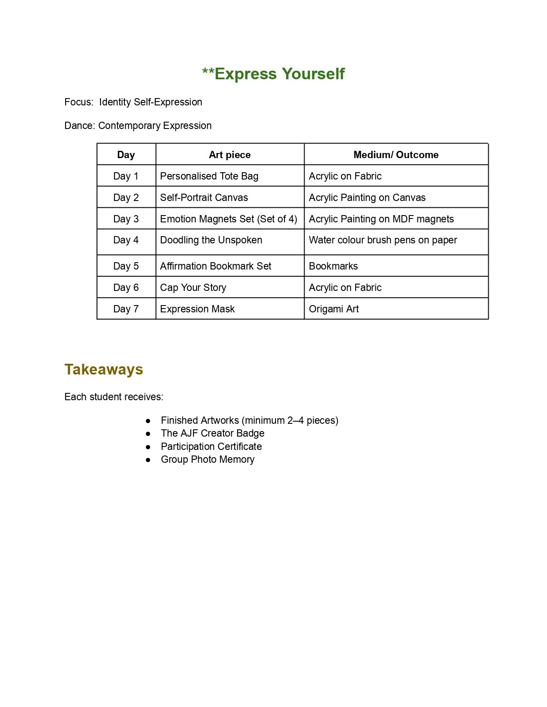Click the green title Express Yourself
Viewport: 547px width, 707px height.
273,74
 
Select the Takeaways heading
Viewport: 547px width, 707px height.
103,369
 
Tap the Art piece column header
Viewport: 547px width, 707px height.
230,155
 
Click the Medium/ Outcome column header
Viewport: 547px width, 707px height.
396,155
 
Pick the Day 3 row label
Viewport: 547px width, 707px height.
126,219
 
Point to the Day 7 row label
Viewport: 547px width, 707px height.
126,309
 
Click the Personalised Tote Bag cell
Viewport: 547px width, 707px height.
209,176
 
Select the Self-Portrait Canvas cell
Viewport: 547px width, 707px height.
204,198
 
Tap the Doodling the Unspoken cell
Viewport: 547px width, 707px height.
211,240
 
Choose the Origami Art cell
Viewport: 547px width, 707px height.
333,309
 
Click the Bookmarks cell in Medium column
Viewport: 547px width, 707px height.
333,266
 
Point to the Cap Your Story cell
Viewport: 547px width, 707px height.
193,288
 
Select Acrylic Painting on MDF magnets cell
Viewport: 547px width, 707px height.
381,219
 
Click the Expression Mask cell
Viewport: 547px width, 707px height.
197,309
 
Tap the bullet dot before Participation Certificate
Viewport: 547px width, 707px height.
148,447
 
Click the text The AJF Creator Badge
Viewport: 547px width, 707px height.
212,433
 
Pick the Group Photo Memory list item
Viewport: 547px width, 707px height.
207,459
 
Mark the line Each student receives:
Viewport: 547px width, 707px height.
114,397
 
